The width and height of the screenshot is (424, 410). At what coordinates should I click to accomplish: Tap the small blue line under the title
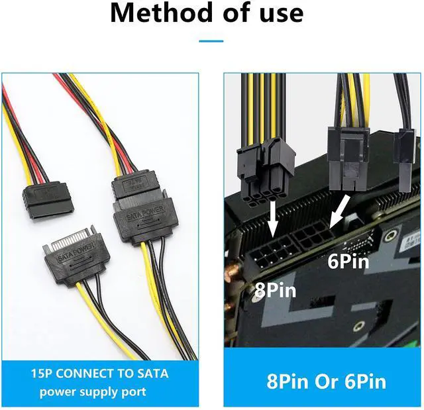tap(211, 41)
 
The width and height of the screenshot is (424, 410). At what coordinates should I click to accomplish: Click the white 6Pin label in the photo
tap(347, 261)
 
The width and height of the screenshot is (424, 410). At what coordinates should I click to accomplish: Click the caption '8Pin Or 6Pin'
tap(326, 382)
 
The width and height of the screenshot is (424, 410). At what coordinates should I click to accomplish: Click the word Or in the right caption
tap(325, 382)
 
